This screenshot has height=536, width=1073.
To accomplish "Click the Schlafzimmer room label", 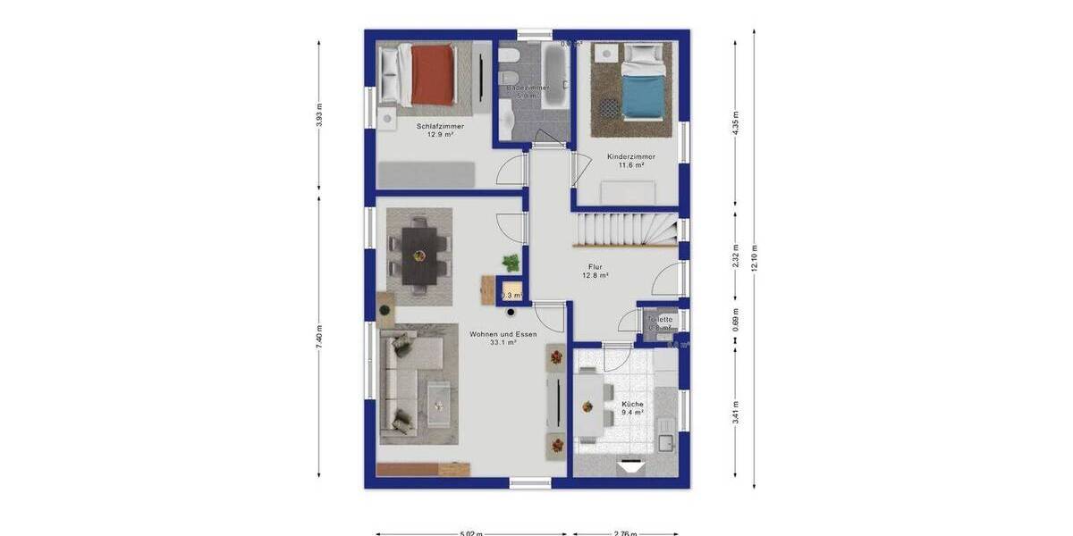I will point(440,126).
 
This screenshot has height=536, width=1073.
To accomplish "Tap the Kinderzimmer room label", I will point(631,156).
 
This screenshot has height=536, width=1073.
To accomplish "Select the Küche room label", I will point(633,404).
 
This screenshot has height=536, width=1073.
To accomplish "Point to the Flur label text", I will point(596,267).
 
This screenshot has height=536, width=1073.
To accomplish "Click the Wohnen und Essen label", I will point(503,334).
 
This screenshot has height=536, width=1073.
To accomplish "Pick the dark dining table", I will point(418,255).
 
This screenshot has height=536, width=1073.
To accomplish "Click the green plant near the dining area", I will point(511,263).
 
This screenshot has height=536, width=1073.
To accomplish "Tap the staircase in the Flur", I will point(626,231).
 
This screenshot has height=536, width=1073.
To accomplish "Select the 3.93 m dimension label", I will point(319,116).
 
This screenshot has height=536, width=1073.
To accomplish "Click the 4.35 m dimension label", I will point(736,121).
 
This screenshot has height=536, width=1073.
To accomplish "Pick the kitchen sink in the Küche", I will point(664,441).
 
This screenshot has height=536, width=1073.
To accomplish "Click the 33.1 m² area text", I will point(503,342).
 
